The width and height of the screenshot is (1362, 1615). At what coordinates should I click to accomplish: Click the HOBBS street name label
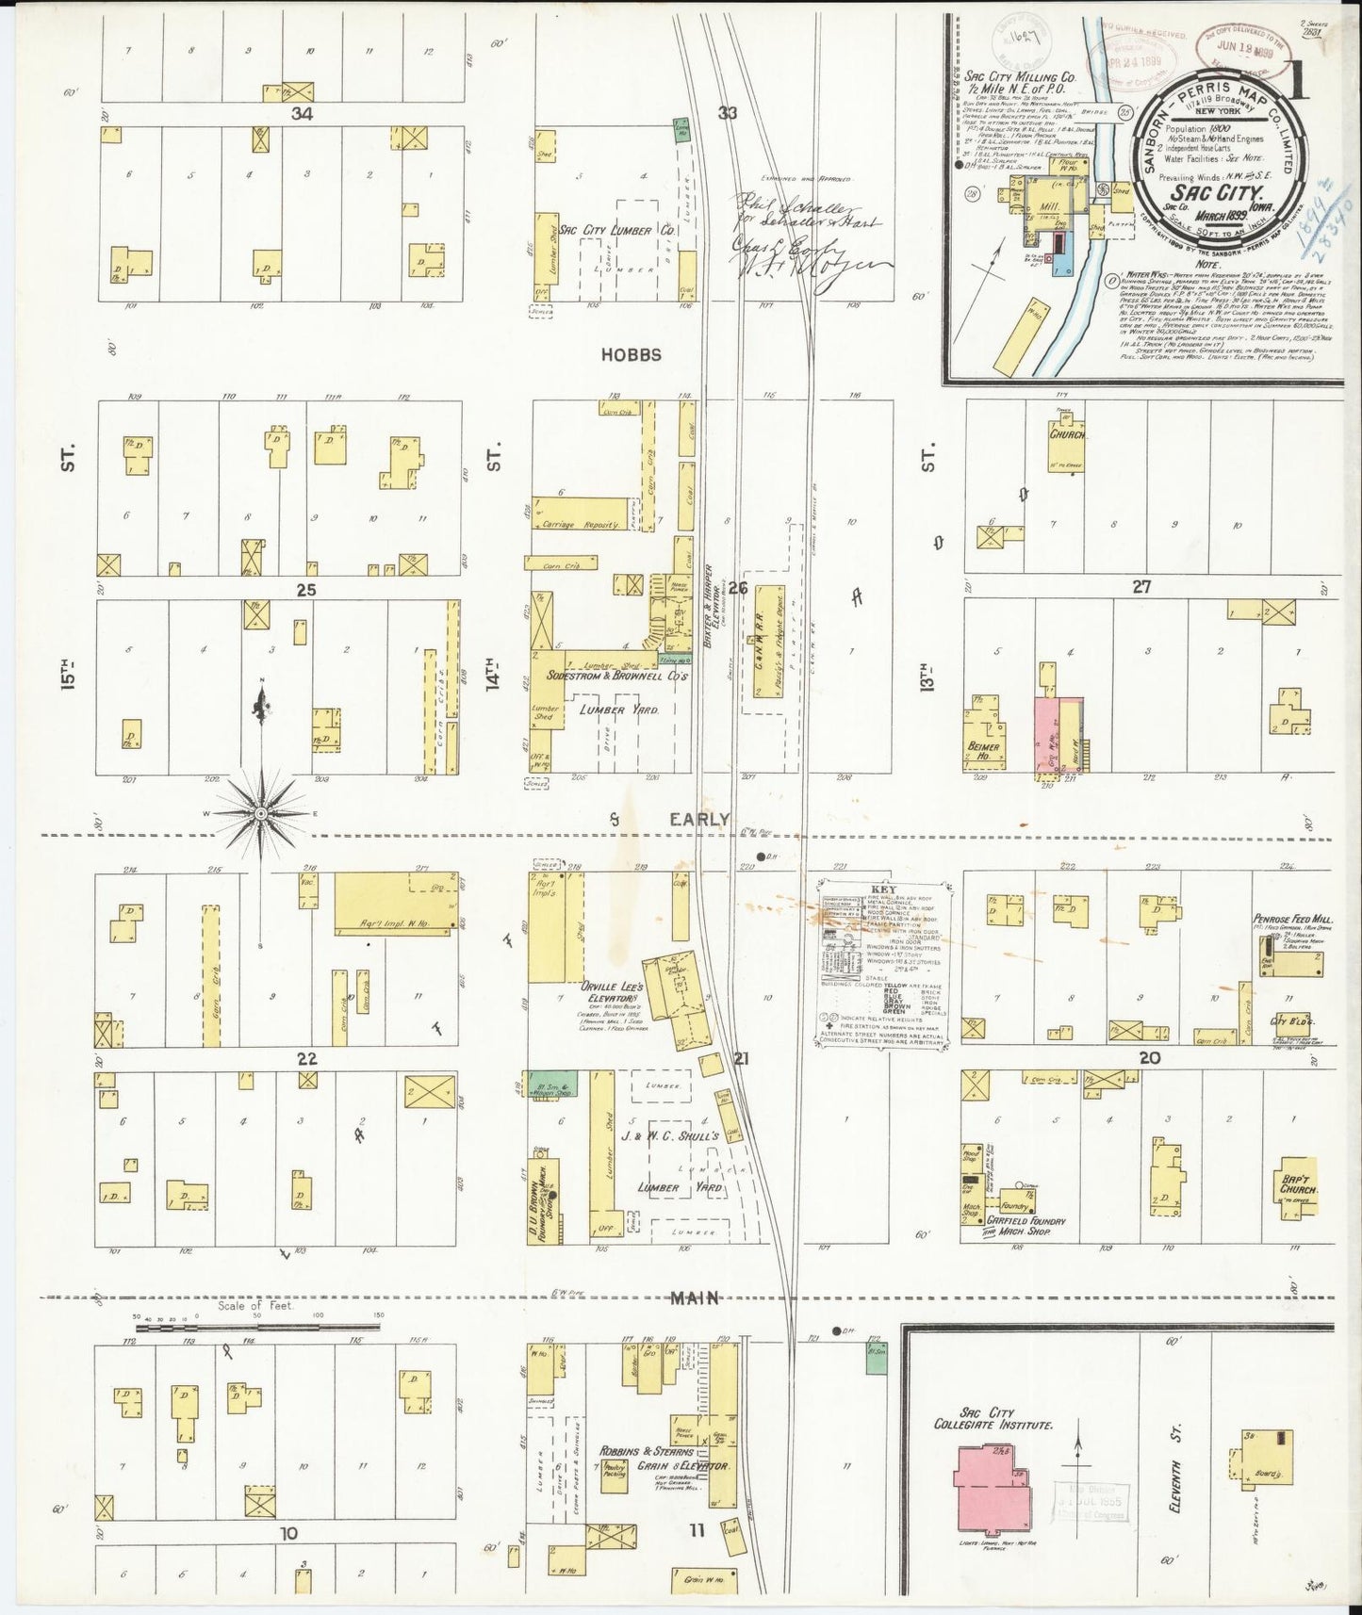pyautogui.click(x=632, y=355)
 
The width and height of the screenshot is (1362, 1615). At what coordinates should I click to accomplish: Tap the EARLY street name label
pyautogui.click(x=698, y=820)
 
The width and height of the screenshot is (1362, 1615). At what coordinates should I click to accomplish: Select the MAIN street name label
pyautogui.click(x=696, y=1298)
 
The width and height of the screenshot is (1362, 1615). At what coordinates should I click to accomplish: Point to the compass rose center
pyautogui.click(x=261, y=812)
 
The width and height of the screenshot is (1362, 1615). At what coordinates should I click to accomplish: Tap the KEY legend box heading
pyautogui.click(x=884, y=889)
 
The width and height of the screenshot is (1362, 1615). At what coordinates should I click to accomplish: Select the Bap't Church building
pyautogui.click(x=1297, y=1186)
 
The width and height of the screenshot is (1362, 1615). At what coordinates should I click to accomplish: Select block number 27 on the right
pyautogui.click(x=1141, y=586)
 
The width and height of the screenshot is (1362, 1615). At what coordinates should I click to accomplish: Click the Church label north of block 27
pyautogui.click(x=1068, y=435)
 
